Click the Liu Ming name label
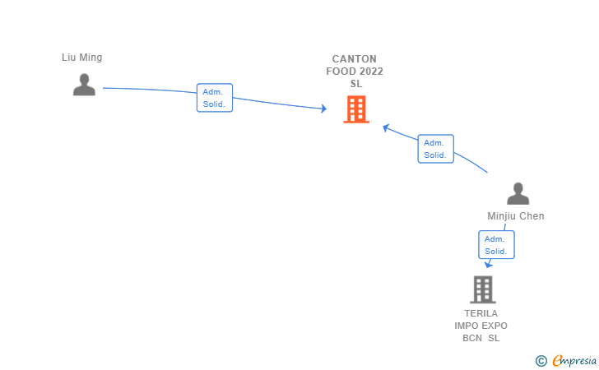coord(81,58)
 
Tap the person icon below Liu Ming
coord(84,85)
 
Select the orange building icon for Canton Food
coord(356,109)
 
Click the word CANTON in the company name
coord(354,59)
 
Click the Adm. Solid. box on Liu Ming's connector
coord(215,98)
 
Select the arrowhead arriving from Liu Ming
coord(324,109)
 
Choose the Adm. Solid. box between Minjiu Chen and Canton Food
coord(435,149)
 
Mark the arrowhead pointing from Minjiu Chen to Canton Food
coord(386,128)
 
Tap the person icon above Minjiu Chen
coord(518,193)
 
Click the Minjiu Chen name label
coord(516,216)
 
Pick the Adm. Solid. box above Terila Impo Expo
coord(496,245)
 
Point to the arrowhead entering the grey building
coord(488,264)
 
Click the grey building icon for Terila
coord(483,289)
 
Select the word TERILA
coord(481,313)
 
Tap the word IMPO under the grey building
coord(466,326)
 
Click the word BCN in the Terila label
coord(472,338)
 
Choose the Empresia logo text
coord(574,360)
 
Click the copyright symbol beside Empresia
coord(541,361)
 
